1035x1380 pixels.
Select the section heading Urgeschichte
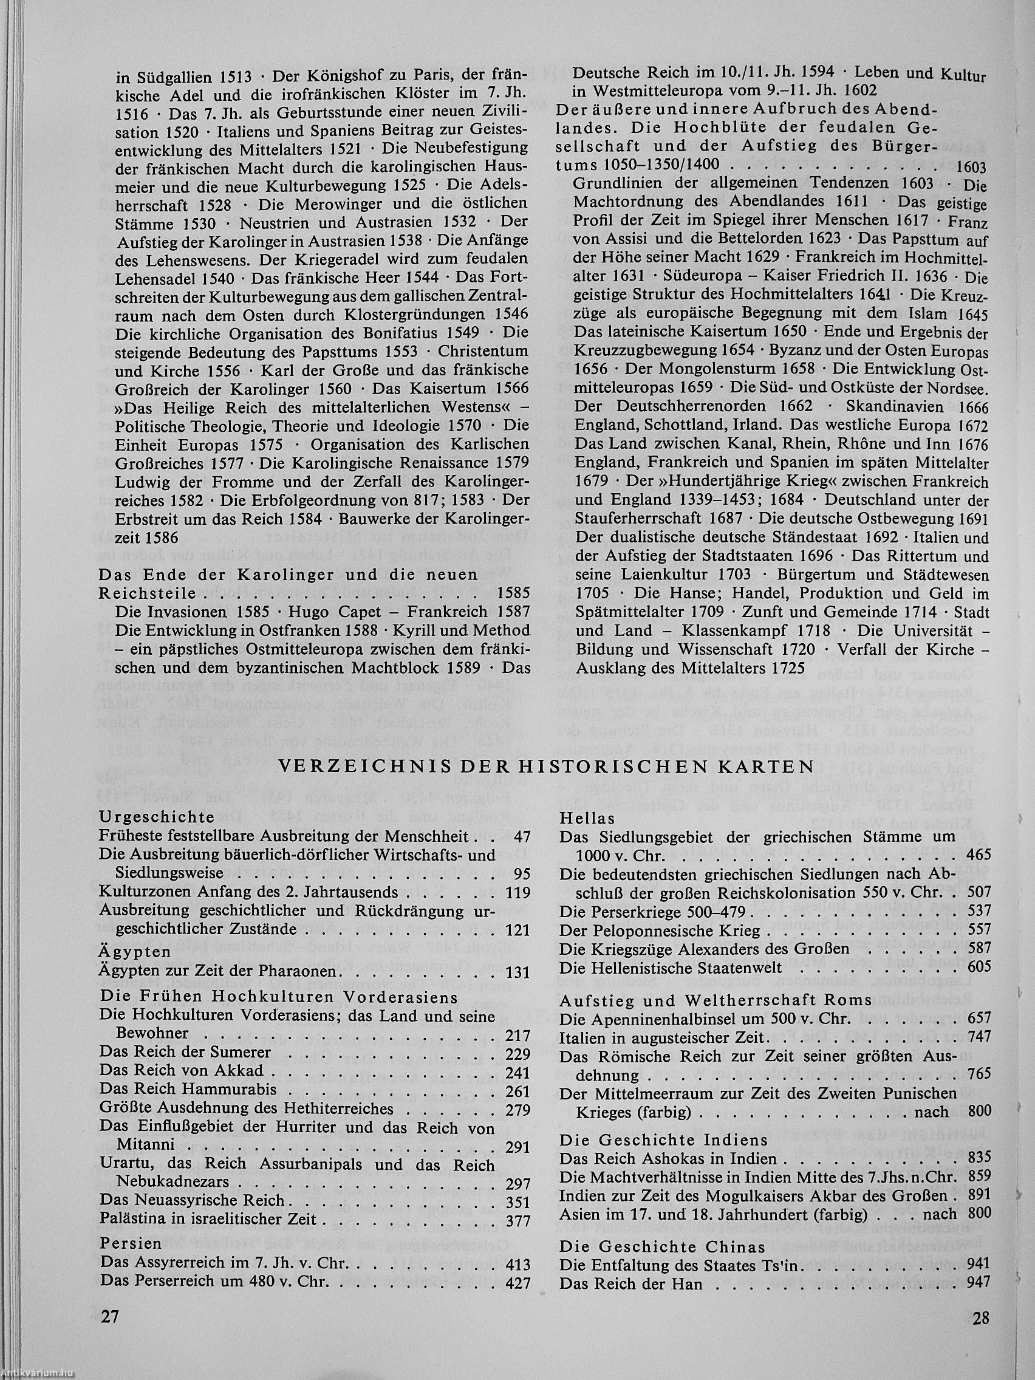point(157,817)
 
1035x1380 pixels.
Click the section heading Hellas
point(587,818)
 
